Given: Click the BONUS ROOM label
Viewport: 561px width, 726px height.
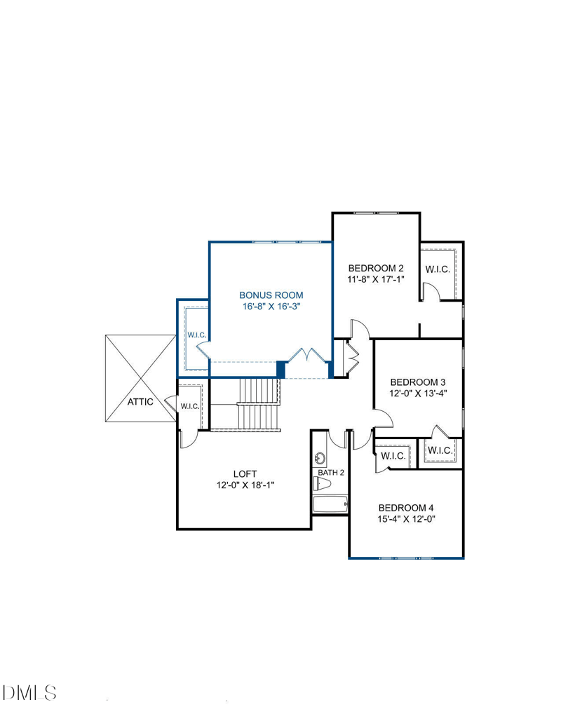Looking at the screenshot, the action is pyautogui.click(x=271, y=295).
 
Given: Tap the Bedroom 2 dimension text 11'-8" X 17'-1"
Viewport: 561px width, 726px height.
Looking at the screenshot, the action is pyautogui.click(x=376, y=279).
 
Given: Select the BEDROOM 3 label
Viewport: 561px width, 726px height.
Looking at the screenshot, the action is pyautogui.click(x=418, y=382).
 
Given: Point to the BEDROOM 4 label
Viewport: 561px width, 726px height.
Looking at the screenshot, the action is pyautogui.click(x=406, y=508).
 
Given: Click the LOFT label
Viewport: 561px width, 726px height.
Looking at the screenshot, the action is pyautogui.click(x=245, y=473).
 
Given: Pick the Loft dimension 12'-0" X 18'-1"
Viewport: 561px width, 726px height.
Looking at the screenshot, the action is pyautogui.click(x=245, y=485).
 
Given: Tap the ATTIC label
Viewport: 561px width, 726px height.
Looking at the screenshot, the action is pyautogui.click(x=140, y=402).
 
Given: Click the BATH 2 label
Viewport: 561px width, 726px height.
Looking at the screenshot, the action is pyautogui.click(x=331, y=473).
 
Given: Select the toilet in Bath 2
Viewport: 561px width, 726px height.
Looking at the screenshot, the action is pyautogui.click(x=323, y=485).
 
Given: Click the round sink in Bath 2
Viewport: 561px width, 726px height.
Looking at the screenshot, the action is pyautogui.click(x=320, y=458).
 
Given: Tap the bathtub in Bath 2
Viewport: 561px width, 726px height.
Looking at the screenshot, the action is pyautogui.click(x=330, y=504).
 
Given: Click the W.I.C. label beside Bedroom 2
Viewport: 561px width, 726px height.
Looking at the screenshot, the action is pyautogui.click(x=438, y=269).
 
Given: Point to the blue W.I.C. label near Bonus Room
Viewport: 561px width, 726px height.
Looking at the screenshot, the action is pyautogui.click(x=197, y=335).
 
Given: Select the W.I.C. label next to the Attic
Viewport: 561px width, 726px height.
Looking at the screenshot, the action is pyautogui.click(x=190, y=407).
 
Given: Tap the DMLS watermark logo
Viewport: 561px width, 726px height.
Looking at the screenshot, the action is pyautogui.click(x=29, y=693).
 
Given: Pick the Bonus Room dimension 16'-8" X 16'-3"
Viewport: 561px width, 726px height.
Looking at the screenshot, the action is pyautogui.click(x=271, y=307).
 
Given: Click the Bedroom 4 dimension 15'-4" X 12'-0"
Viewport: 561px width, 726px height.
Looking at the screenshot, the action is pyautogui.click(x=407, y=519).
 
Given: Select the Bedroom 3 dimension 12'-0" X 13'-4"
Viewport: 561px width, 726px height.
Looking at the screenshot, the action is pyautogui.click(x=418, y=394).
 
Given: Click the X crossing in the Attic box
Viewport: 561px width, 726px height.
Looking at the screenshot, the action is pyautogui.click(x=141, y=379).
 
